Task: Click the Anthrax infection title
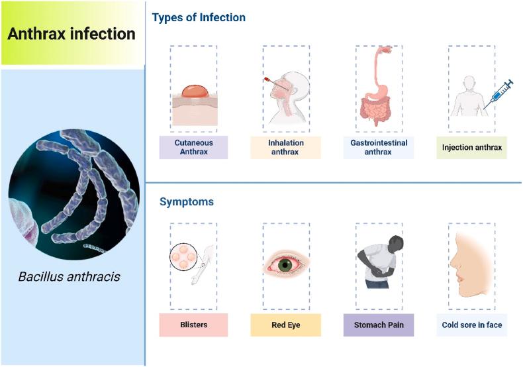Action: tap(71, 33)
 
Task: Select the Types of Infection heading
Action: tap(199, 18)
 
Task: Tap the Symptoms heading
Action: tap(186, 201)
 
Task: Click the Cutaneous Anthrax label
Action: tap(193, 147)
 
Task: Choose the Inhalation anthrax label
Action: tap(286, 147)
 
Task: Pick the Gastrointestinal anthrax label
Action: tap(379, 147)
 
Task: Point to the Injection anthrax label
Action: tap(471, 147)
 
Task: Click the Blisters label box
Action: tap(193, 325)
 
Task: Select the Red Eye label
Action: tap(286, 325)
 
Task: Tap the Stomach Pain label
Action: tap(379, 325)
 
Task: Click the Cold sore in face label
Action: tap(471, 325)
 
